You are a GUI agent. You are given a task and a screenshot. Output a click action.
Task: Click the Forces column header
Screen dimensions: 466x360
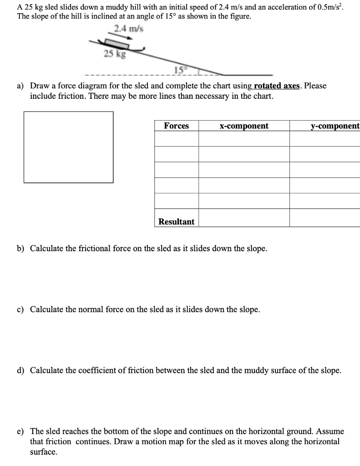click(176, 126)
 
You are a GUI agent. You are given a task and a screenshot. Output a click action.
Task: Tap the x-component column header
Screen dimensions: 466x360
click(243, 126)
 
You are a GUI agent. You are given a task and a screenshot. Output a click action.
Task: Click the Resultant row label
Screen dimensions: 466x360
click(176, 222)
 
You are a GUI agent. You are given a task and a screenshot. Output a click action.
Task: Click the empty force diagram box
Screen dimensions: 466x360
click(68, 147)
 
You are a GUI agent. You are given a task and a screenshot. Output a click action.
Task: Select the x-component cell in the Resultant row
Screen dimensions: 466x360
click(243, 219)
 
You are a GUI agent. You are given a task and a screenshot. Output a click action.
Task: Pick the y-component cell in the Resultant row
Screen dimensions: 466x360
click(325, 219)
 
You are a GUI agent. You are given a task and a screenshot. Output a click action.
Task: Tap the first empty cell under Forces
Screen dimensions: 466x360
click(176, 138)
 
